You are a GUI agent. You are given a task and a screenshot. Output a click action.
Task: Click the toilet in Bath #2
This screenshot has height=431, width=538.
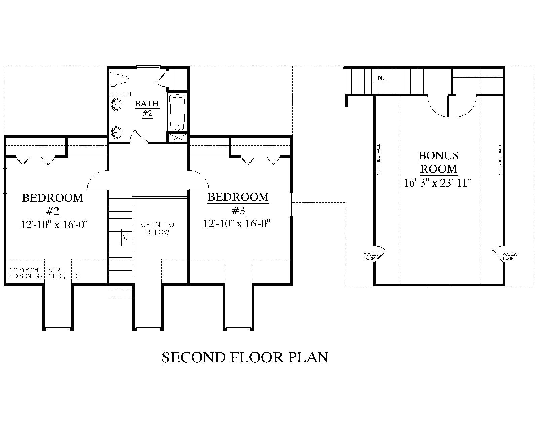[119, 79]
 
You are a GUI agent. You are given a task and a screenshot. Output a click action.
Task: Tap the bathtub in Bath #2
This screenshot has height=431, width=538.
[177, 113]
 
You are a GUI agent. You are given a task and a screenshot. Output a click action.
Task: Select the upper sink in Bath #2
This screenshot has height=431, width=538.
[116, 104]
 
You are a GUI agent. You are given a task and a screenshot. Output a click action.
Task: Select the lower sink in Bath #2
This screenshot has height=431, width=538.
[116, 132]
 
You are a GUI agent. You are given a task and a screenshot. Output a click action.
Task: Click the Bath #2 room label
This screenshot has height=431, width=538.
[147, 109]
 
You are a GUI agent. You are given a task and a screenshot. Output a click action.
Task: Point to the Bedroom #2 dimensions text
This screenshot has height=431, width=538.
[54, 225]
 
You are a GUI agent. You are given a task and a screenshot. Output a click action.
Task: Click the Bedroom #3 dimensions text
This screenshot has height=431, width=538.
[237, 224]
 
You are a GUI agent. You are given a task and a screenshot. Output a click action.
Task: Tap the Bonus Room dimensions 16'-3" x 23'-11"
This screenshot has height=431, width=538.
[437, 183]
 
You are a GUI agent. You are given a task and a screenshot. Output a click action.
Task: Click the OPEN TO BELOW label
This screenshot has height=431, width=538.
[157, 228]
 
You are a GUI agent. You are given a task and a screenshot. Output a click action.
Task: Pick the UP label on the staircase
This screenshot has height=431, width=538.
[125, 236]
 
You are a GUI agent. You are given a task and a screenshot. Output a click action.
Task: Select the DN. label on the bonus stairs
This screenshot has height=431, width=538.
[382, 79]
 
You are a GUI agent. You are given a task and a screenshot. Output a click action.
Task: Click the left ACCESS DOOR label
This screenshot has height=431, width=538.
[371, 256]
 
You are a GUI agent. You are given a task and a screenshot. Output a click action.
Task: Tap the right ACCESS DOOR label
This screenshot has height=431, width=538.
[510, 256]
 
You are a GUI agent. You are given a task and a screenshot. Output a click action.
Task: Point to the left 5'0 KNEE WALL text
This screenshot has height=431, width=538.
[378, 160]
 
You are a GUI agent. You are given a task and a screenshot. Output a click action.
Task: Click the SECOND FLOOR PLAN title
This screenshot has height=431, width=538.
[245, 358]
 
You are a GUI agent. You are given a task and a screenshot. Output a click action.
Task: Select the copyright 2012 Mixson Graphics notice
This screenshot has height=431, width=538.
[44, 273]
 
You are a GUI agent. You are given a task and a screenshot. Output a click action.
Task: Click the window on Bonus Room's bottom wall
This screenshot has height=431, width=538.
[439, 285]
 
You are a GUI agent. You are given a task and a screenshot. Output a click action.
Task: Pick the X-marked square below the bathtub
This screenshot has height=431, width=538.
[178, 138]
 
